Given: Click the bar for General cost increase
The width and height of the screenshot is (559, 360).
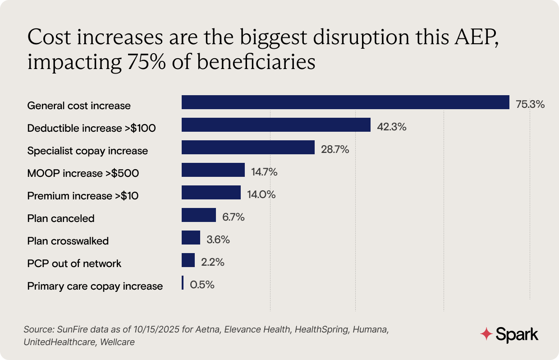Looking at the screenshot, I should pos(345,102).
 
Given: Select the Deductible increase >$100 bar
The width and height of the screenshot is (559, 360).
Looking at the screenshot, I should pos(276,125).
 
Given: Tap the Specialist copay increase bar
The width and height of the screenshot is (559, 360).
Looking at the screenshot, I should pos(248,148).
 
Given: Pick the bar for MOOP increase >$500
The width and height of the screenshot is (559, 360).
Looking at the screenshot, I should pos(213,170).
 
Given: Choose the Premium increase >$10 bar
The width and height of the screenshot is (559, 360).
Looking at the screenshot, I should pos(211,193).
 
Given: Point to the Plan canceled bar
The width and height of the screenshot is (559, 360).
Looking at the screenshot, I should pos(198,215).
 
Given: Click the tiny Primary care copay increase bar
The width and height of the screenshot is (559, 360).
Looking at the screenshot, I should pos(183,283).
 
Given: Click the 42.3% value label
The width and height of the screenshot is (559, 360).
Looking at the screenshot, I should pos(392,127).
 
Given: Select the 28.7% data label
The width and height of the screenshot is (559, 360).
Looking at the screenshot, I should pos(334,150).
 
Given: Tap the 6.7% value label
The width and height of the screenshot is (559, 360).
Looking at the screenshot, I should pos(234,217).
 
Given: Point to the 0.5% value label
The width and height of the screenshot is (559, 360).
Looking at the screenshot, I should pos(202,285).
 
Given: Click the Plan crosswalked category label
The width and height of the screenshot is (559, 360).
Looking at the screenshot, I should pos(68,241).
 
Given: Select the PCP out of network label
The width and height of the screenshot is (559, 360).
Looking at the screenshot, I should pos(74,263).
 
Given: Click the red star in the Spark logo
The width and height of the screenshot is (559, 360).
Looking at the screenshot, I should pos(486,334).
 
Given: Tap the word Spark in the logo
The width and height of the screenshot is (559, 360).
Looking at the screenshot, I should pos(517,335).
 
